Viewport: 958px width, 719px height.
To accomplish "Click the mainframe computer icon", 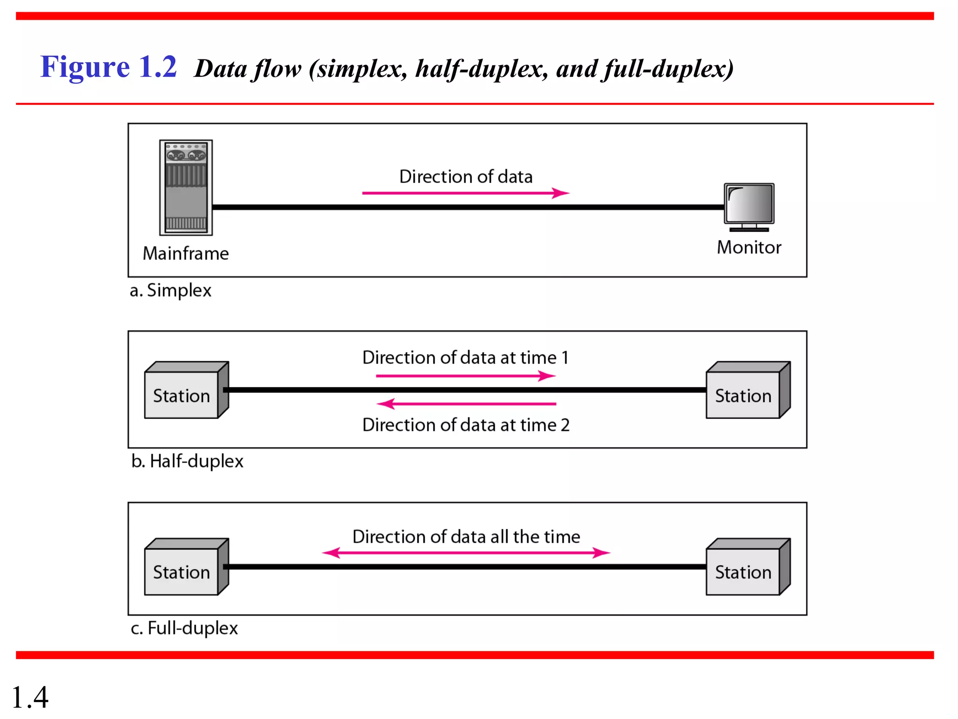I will coord(186,187).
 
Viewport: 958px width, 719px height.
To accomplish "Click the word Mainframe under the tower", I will coord(186,253).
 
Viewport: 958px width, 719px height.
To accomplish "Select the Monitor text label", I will coord(749,247).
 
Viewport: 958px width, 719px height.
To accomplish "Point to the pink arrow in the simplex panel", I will coord(465,193).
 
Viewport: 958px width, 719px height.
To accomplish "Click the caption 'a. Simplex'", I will coord(171,290).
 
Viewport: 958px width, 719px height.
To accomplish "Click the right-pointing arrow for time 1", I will coord(465,376).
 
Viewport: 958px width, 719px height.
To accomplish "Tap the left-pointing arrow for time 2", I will coord(466,404).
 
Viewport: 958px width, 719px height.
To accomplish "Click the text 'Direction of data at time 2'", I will coord(466,425).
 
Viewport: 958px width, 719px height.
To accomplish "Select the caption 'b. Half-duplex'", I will coord(187,461).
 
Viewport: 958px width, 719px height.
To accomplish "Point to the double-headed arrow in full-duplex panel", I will coord(466,553).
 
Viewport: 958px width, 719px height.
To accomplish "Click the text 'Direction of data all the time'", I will coord(466,536).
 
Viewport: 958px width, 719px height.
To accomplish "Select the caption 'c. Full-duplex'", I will coord(184,628).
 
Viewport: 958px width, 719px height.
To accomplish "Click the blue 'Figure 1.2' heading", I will coord(109,66).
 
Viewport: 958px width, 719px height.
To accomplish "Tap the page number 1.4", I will coord(30,697).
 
